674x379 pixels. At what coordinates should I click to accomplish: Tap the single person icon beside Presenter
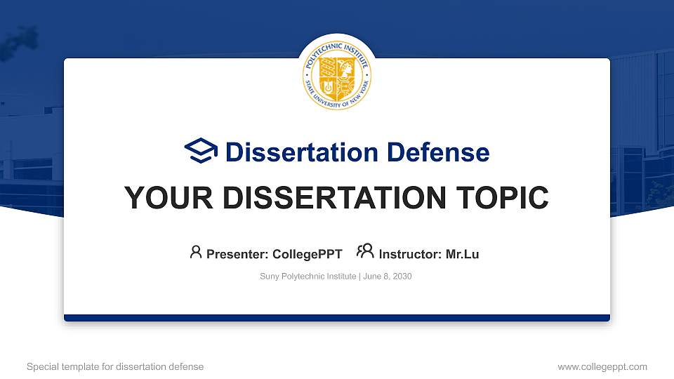coord(196,252)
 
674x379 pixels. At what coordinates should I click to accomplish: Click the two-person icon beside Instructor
coord(365,251)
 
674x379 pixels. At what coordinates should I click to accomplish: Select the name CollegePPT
coord(307,254)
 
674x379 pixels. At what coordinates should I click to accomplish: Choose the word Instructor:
coord(410,254)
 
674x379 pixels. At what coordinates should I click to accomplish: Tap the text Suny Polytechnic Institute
coord(308,277)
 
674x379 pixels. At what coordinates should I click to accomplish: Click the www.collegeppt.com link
coord(602,366)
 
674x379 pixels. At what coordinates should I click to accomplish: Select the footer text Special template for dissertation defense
coord(115,366)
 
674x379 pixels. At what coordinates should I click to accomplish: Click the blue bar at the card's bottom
coord(337,318)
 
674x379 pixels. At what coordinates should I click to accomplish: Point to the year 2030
coord(402,277)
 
